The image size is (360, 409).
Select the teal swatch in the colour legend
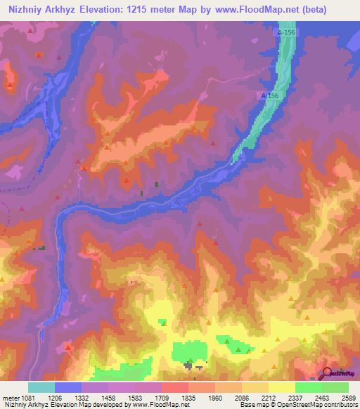41,387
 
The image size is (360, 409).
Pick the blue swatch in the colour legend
68,387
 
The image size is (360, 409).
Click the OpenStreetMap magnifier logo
328,373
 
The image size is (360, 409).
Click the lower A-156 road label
270,96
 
